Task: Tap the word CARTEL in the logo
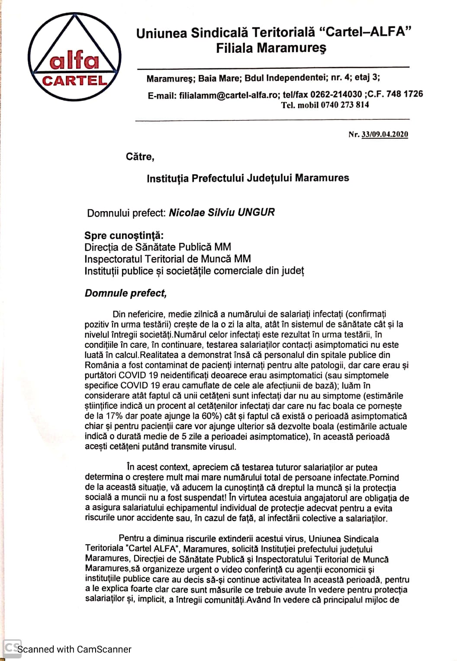(75, 81)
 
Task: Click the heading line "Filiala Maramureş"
(271, 48)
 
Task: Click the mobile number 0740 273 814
(345, 105)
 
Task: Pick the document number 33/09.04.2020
(384, 135)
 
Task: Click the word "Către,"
(140, 157)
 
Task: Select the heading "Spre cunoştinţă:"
(124, 236)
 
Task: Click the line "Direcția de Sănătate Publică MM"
(158, 247)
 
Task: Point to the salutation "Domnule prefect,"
(126, 293)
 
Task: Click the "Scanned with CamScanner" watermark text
(74, 649)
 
